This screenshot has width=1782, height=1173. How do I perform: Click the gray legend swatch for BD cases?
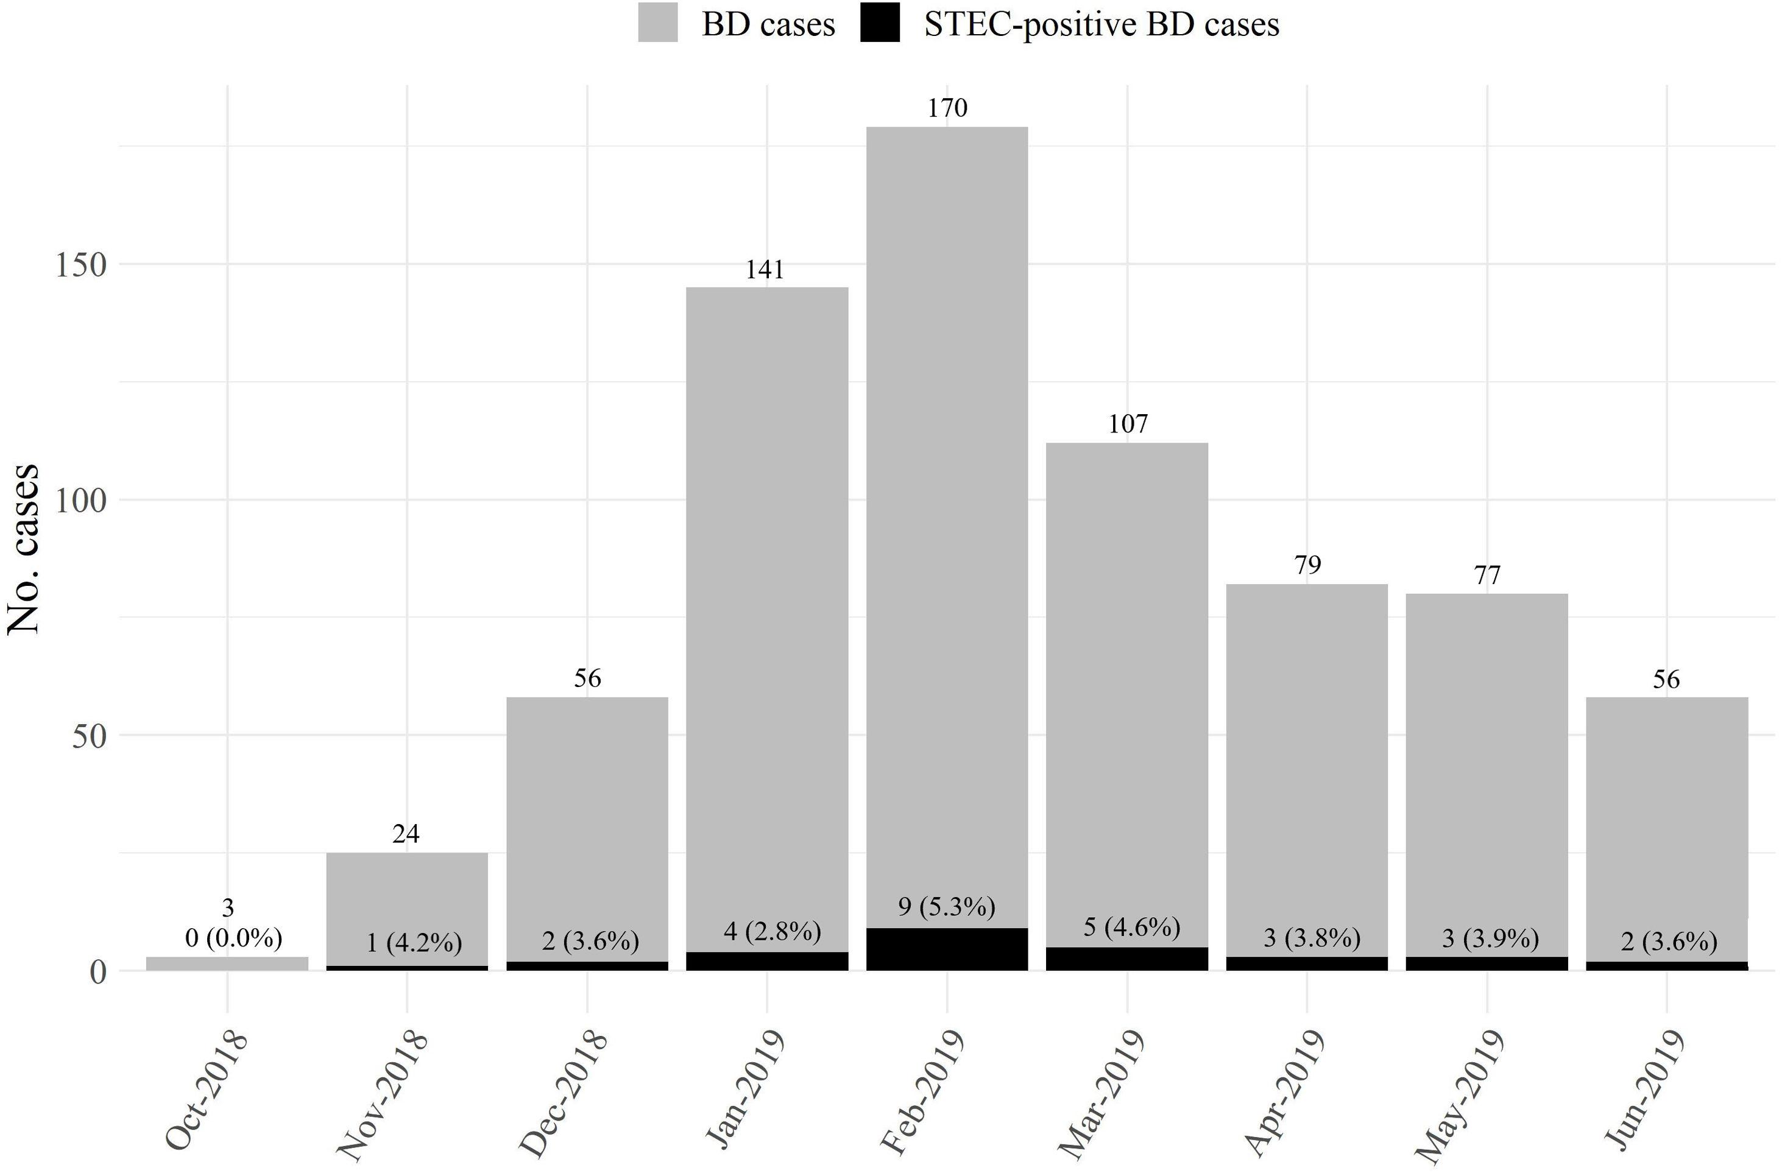657,23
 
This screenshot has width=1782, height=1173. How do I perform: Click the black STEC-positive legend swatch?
880,23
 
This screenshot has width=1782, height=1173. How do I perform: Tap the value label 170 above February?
947,108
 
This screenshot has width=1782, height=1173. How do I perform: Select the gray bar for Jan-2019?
766,599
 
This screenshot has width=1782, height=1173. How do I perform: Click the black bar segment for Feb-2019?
947,949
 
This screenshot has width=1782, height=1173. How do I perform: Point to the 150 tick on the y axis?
82,265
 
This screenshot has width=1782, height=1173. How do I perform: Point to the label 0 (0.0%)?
233,938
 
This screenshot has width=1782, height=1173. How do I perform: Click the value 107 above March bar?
1128,424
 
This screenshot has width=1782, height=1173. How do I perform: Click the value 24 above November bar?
406,834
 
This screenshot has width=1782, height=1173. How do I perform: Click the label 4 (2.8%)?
772,932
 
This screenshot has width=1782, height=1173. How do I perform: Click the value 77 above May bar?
1487,576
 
